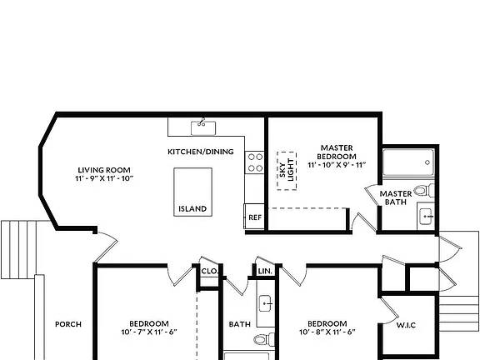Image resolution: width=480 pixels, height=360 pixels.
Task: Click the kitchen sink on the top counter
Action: [203, 127]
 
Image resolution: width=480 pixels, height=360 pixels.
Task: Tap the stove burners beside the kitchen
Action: [255, 162]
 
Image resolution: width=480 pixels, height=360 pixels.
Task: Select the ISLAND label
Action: [192, 209]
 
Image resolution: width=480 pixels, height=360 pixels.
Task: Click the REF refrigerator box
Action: [254, 217]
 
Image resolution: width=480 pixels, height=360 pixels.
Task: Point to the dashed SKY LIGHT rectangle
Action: [287, 171]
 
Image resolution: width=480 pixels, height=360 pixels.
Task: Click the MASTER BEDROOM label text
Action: [337, 152]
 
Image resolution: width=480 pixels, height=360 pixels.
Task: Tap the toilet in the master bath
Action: [424, 191]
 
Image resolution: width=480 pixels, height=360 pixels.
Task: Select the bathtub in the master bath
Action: [408, 162]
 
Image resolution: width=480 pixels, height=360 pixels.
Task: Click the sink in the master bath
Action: [426, 217]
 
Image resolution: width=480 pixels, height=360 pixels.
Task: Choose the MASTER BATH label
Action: [396, 197]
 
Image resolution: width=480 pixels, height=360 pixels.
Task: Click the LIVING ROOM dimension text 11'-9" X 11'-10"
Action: [104, 178]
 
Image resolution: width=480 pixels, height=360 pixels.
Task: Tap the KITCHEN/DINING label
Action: [201, 152]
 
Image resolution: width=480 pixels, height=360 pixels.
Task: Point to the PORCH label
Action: [68, 324]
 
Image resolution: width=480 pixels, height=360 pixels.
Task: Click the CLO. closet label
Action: [210, 271]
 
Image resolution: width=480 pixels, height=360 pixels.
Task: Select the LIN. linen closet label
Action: [265, 271]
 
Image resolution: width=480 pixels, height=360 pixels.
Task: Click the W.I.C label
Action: [406, 325]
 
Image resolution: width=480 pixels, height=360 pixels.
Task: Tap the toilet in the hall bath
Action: [264, 339]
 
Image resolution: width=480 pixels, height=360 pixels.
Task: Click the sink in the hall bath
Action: [266, 303]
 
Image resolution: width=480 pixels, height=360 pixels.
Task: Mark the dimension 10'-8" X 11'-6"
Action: [327, 332]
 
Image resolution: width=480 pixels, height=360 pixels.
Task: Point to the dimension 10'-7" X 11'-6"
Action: [149, 332]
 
